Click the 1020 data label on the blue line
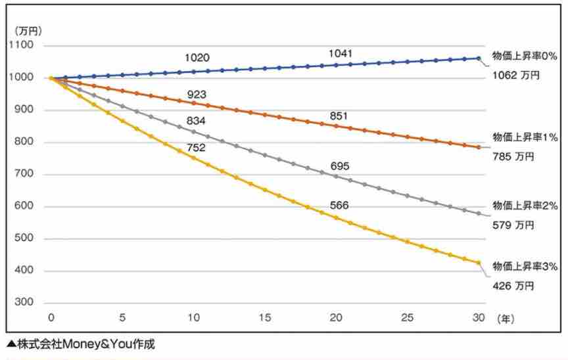(197, 58)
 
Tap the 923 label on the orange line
(197, 95)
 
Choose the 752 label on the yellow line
(195, 148)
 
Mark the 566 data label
(340, 206)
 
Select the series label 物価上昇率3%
(525, 267)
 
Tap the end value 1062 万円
(515, 76)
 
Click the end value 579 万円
(513, 225)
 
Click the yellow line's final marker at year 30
(479, 263)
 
